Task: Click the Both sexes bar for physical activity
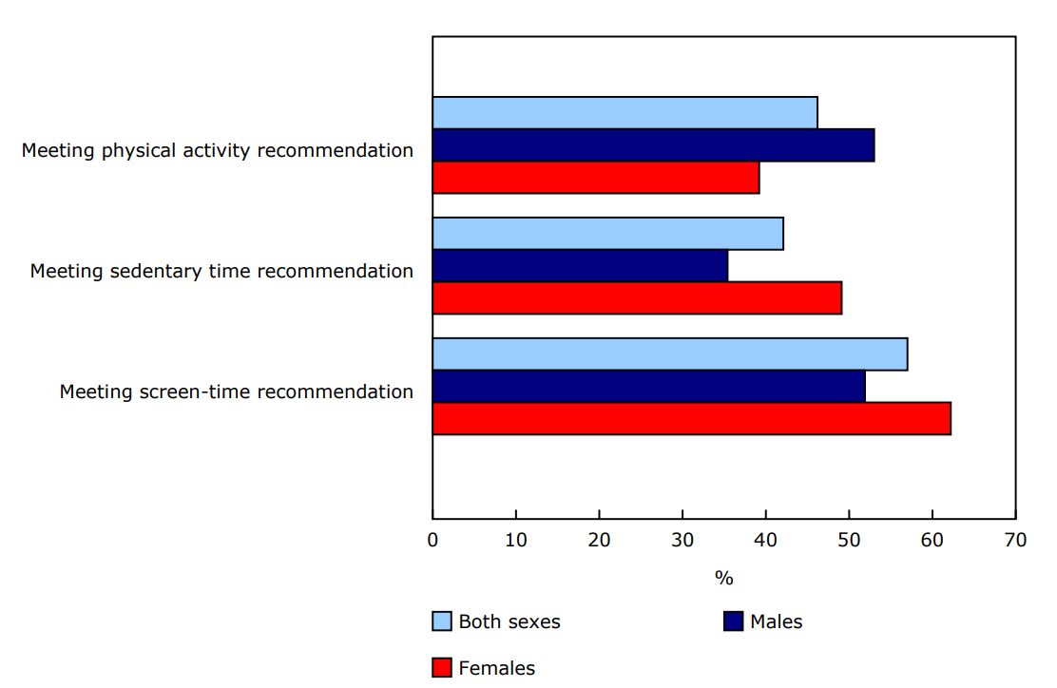click(625, 112)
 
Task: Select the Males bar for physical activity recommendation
click(653, 144)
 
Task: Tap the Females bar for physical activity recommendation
click(596, 178)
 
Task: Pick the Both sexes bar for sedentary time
click(607, 233)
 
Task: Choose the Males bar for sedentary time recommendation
click(580, 265)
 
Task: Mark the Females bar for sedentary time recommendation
click(637, 298)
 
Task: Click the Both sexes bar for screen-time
click(670, 354)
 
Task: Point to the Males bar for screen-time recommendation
click(649, 386)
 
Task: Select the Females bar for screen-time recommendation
click(692, 419)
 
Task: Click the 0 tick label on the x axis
click(432, 541)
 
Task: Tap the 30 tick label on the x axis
click(682, 541)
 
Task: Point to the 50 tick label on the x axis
click(849, 541)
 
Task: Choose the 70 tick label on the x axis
click(1015, 541)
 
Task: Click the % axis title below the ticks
click(723, 578)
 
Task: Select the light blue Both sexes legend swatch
click(442, 621)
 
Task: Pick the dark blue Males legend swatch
click(733, 621)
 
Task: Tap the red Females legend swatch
click(442, 668)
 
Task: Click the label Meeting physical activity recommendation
click(218, 150)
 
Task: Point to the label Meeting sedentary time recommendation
click(221, 271)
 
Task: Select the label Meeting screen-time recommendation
click(237, 392)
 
